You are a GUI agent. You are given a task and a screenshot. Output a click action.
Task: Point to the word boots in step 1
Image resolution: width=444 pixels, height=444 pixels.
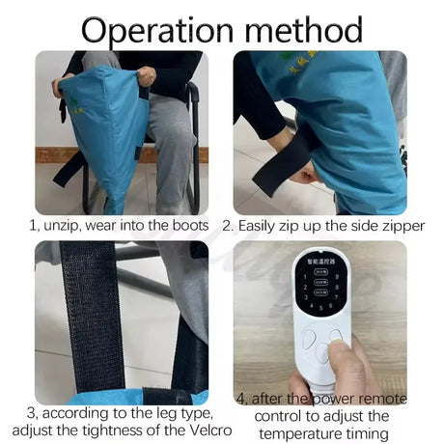tap(184, 226)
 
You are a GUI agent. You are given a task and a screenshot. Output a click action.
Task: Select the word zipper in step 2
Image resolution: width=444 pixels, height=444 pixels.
tap(381, 226)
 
